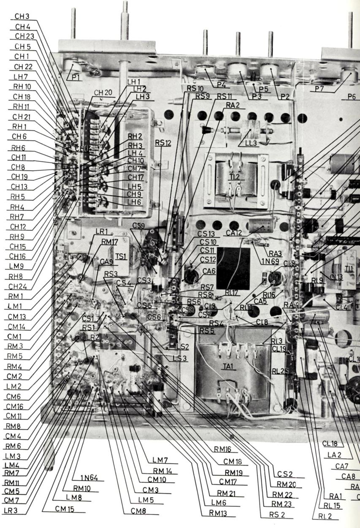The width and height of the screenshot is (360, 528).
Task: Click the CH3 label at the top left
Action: [22, 16]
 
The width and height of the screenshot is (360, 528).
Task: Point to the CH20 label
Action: [103, 93]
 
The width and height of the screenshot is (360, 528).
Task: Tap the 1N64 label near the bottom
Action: [89, 478]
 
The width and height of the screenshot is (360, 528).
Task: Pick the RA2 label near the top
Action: [233, 105]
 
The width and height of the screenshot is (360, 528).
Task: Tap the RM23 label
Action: [284, 504]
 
